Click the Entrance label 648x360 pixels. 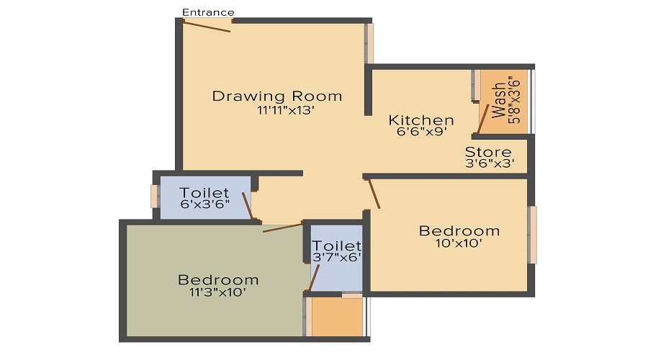click(208, 12)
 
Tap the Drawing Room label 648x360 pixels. click(277, 96)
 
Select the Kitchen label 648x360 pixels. click(421, 120)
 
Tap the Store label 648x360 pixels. click(488, 153)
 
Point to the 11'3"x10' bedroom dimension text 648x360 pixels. click(217, 292)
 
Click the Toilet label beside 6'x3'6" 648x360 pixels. click(205, 193)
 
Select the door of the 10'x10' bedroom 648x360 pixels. click(374, 194)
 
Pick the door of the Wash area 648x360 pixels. click(483, 118)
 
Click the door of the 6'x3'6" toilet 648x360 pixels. click(247, 206)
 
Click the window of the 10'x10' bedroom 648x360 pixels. click(533, 235)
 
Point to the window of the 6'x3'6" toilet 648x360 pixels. click(154, 196)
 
